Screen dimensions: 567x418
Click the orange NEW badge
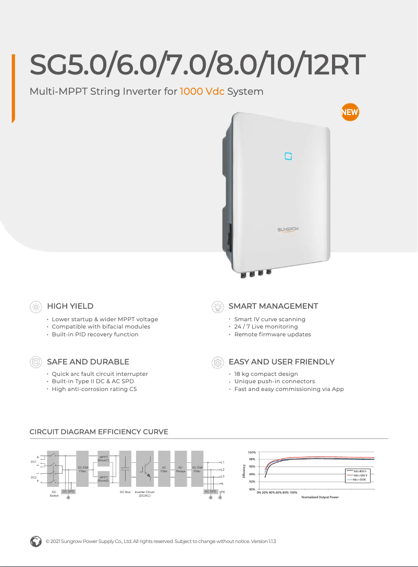click(x=350, y=112)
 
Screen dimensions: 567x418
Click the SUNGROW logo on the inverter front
click(x=288, y=229)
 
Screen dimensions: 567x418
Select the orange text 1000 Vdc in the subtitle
click(x=202, y=92)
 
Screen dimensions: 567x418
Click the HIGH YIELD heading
click(x=70, y=306)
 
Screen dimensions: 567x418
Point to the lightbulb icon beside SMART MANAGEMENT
click(x=217, y=307)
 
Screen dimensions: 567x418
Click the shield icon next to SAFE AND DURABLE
click(x=35, y=362)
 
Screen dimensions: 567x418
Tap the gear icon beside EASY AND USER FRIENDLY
click(x=217, y=362)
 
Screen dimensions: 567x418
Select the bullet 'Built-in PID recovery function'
click(x=95, y=334)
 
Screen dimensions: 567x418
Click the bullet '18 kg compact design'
click(x=266, y=374)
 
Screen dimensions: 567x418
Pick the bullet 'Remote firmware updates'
click(x=272, y=334)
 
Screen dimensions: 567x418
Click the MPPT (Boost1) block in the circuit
click(x=103, y=459)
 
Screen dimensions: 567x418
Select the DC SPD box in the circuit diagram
click(x=68, y=492)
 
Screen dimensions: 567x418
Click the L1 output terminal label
click(x=223, y=462)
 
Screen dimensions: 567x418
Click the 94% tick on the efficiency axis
click(x=251, y=474)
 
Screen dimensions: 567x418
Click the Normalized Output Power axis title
click(x=320, y=497)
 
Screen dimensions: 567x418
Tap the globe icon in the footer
click(x=35, y=541)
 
